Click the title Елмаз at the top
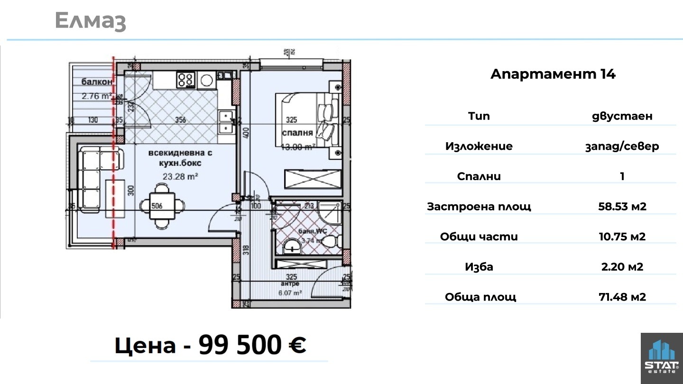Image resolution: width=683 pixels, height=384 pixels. pos(90,21)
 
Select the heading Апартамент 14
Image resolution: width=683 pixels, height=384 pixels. pos(553,74)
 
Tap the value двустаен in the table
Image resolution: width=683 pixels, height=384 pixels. pos(622,116)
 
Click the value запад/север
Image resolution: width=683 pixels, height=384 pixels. pos(622,146)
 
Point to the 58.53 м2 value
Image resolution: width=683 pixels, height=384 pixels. pos(622,206)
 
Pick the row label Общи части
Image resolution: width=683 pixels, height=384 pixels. pos(479,237)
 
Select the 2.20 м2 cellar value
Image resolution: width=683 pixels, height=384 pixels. pos(622,267)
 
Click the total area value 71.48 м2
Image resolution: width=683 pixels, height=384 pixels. pos(622,297)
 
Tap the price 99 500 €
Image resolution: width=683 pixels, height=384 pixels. pos(252,345)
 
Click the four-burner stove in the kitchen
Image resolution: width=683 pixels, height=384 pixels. pos(186,80)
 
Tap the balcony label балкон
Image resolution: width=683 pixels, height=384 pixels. pos(97,82)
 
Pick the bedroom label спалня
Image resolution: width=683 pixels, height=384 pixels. pos(297,133)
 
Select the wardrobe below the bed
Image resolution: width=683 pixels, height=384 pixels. pos(312,179)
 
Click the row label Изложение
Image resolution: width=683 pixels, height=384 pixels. pos(479,146)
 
